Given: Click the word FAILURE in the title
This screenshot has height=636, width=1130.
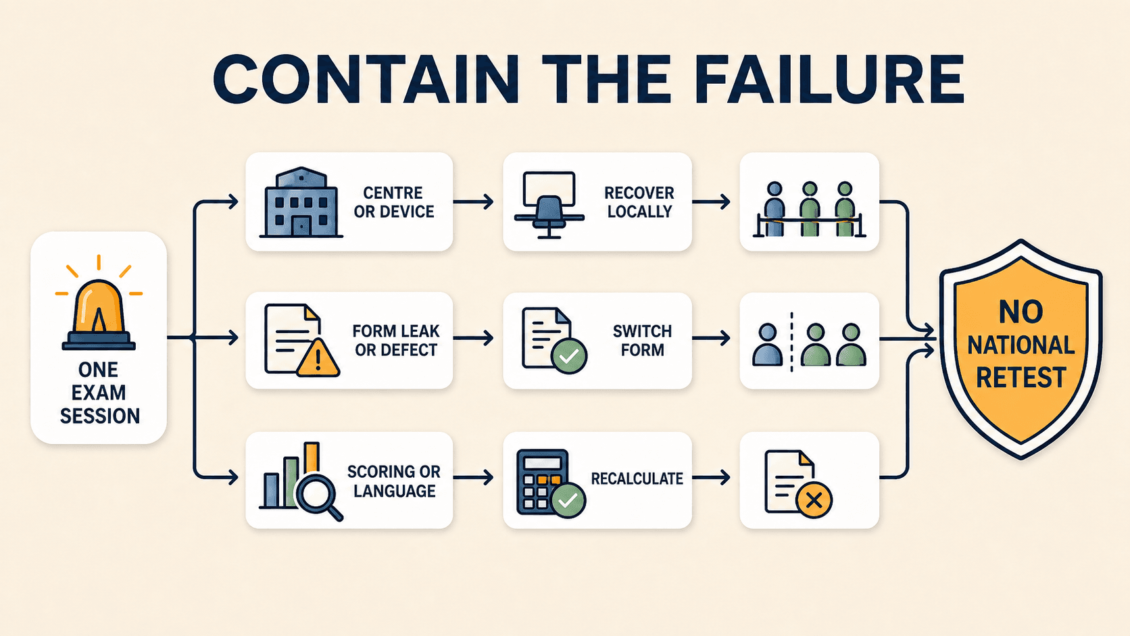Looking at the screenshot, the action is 831,80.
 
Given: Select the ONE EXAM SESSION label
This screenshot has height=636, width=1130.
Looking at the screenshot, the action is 99,393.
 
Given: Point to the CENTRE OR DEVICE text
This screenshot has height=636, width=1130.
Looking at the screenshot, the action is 393,201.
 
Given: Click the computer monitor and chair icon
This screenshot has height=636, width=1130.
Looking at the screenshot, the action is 549,205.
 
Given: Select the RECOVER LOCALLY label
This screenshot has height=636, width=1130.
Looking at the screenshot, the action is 639,201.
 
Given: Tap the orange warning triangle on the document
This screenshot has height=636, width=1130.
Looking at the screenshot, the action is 318,358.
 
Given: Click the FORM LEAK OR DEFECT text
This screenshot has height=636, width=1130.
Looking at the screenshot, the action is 395,341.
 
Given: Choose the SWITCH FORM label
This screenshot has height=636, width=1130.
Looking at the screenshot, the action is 642,341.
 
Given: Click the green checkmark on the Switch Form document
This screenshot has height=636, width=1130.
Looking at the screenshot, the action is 569,356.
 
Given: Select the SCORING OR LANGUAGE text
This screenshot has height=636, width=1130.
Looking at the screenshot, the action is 394,481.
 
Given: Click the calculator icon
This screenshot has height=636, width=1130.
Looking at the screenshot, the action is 543,482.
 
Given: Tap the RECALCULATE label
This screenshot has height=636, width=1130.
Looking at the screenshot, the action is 637,479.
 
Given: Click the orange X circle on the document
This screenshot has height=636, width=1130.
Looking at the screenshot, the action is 814,500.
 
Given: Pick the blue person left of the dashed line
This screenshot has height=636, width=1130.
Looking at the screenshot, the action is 767,345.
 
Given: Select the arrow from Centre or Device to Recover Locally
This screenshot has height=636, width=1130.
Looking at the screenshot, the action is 473,201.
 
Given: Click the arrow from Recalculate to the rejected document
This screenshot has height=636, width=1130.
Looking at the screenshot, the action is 711,477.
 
